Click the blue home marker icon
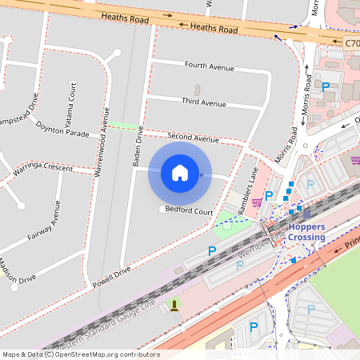[180, 173]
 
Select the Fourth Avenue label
[209, 65]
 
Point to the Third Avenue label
[204, 102]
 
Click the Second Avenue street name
[193, 138]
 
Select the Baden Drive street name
[137, 147]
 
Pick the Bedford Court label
[189, 211]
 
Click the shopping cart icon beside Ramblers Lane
[257, 202]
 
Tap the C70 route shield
[353, 42]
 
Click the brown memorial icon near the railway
[174, 306]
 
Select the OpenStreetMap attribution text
[80, 354]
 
